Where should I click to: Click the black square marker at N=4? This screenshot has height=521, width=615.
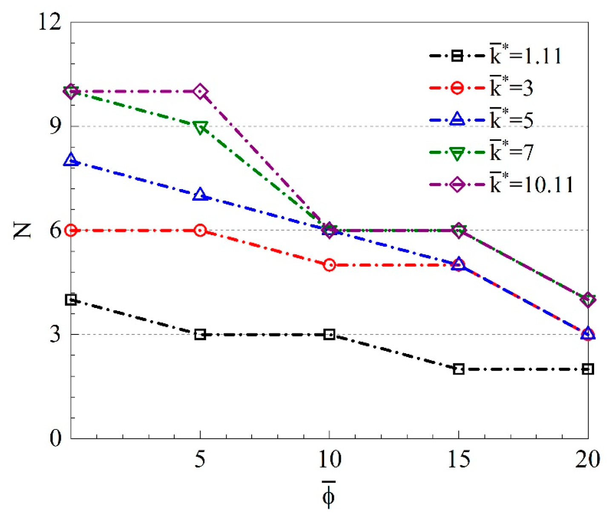click(x=71, y=300)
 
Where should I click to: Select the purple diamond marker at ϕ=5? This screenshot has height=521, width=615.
click(x=200, y=92)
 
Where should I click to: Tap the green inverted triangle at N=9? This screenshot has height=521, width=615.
click(x=200, y=127)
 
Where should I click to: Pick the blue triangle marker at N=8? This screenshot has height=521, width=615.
click(x=71, y=161)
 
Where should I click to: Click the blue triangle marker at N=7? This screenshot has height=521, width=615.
click(x=200, y=195)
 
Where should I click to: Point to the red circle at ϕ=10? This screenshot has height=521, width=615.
click(x=329, y=265)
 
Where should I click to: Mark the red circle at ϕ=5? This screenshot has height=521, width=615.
click(x=200, y=230)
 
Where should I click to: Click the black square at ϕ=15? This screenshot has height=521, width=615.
click(x=459, y=369)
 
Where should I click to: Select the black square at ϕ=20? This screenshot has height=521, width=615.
click(x=588, y=369)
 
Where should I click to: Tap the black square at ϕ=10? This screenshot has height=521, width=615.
click(x=329, y=334)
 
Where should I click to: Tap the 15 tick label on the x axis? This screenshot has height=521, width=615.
click(x=459, y=459)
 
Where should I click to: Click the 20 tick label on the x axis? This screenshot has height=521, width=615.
click(x=588, y=459)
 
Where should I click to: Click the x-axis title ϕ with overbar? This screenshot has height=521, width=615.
click(x=328, y=495)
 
